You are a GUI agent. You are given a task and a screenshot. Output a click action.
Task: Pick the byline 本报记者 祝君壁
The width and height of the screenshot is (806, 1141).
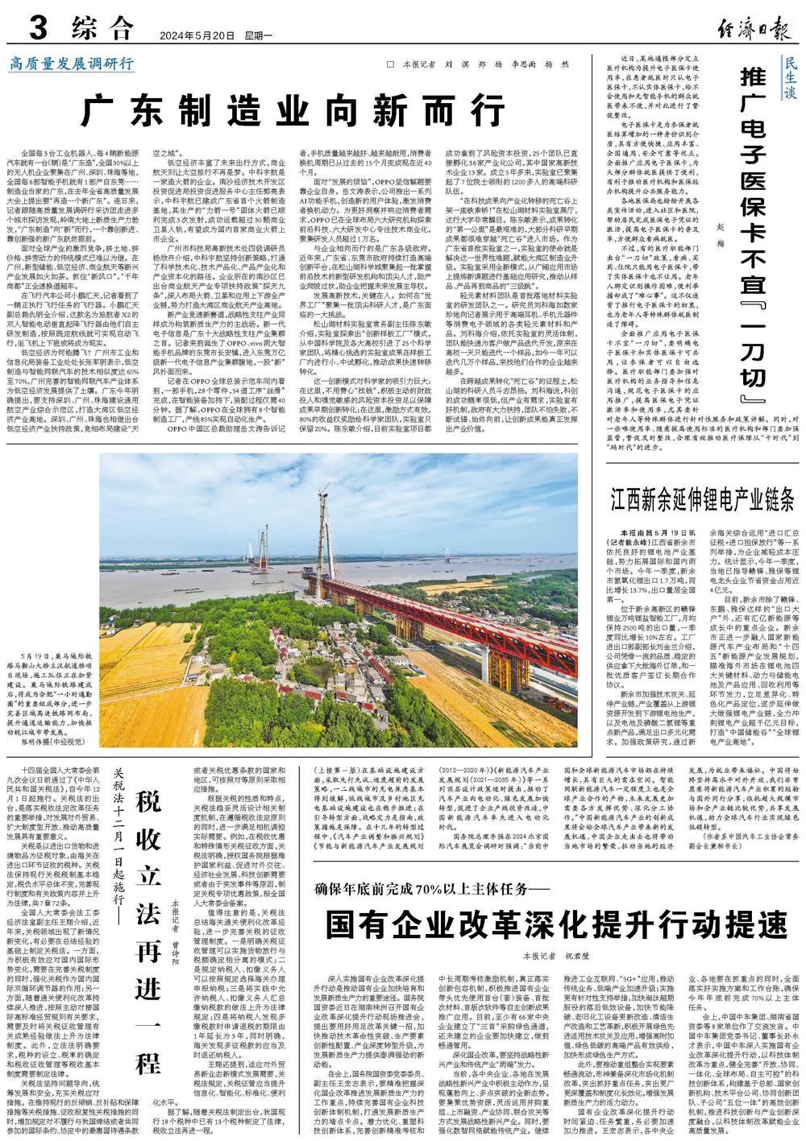(556, 956)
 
